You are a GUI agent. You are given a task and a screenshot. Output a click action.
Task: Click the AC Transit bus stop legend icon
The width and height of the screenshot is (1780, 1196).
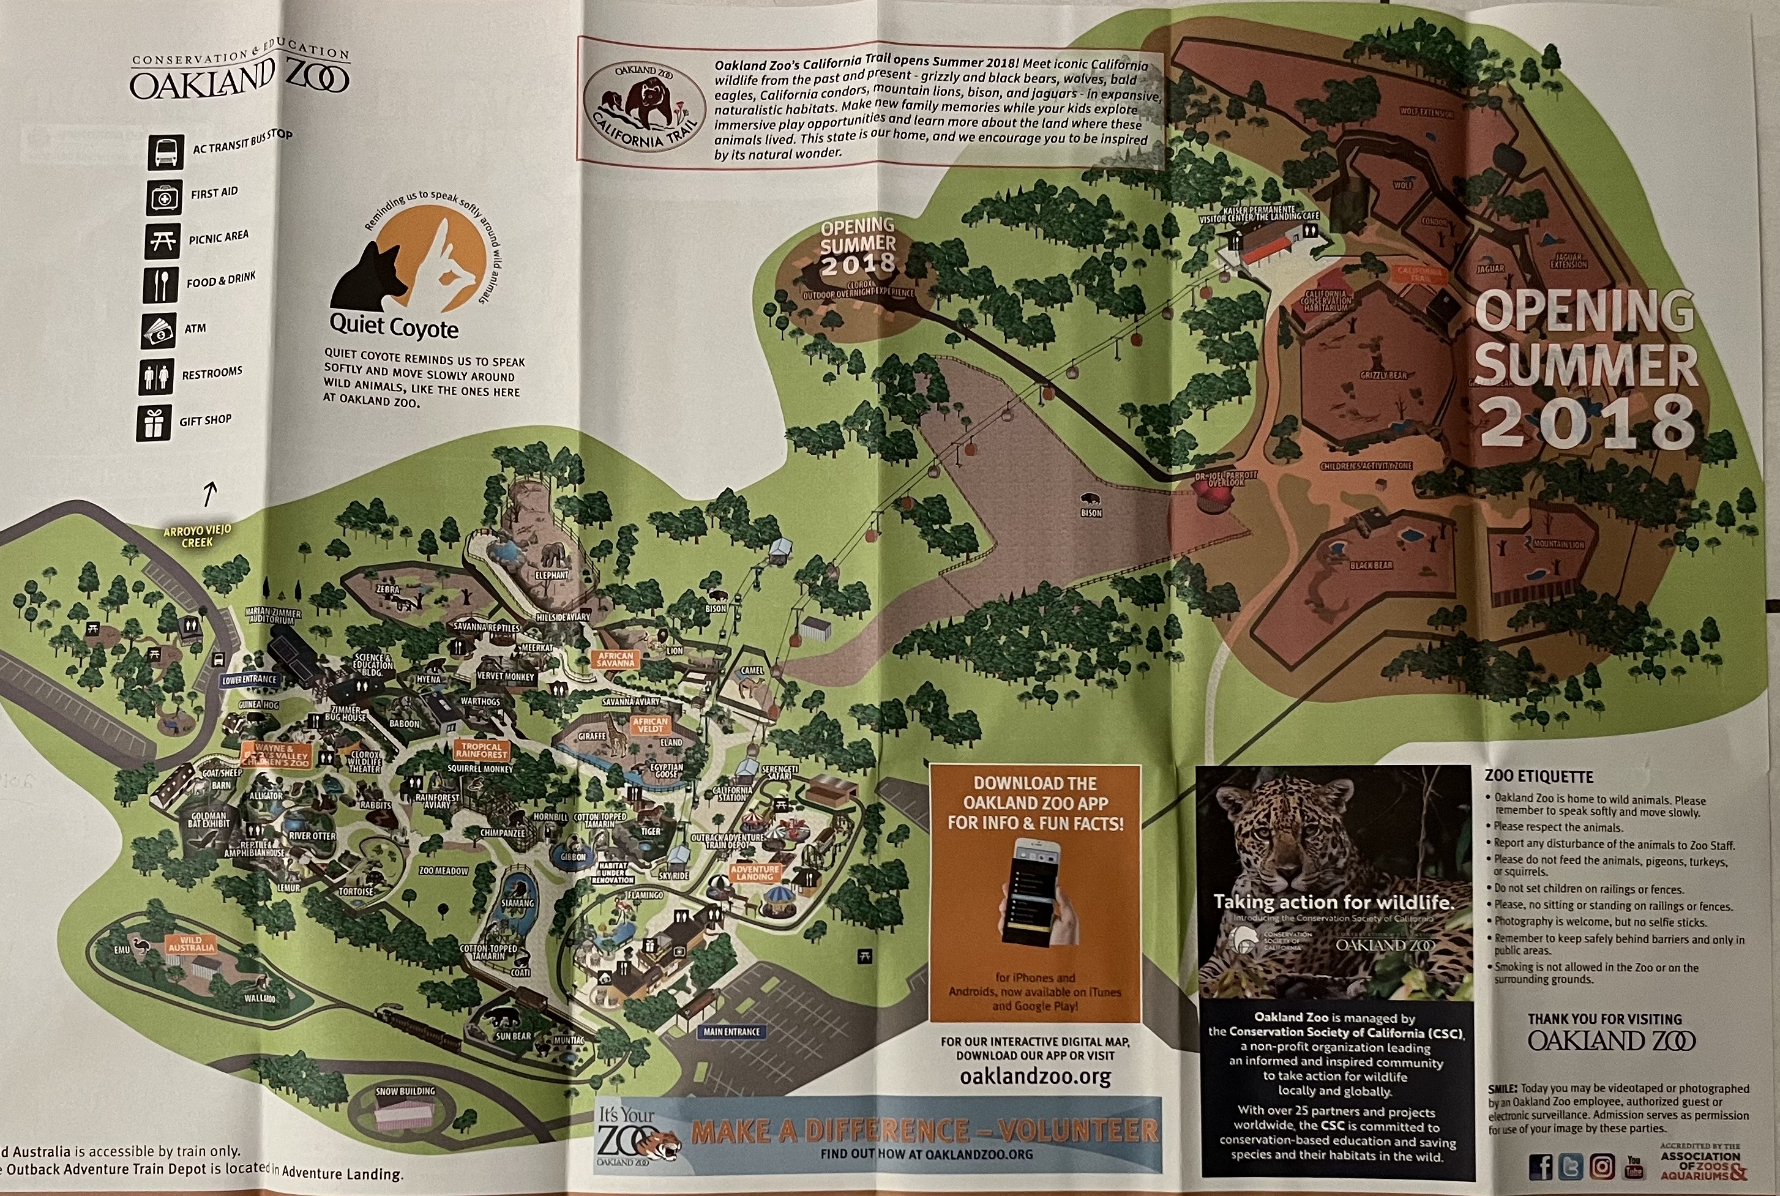pos(165,152)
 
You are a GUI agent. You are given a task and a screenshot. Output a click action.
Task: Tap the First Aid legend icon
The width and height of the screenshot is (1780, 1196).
pos(164,198)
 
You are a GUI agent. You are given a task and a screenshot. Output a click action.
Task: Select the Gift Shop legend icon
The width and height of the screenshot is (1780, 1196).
pos(155,424)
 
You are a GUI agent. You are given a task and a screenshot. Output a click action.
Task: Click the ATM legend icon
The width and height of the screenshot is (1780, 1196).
pos(159,331)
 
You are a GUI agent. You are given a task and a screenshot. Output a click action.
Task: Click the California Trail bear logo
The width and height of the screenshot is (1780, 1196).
pos(644,105)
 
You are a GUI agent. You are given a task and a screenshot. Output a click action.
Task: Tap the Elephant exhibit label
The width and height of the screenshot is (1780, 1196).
pos(552,575)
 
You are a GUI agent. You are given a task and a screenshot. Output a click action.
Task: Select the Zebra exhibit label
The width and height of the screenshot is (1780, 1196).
pos(387,589)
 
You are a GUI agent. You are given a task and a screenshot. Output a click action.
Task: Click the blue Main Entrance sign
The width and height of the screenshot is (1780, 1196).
pos(731,1031)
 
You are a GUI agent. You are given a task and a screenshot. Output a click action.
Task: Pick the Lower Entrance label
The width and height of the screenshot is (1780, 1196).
pos(249,679)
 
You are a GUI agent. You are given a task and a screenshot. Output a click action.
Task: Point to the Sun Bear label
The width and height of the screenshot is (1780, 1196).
pos(514,1036)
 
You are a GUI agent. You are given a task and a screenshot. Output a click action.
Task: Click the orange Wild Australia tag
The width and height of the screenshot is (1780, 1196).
pos(190,944)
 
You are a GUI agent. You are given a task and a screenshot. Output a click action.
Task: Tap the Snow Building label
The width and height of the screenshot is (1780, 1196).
pos(405,1091)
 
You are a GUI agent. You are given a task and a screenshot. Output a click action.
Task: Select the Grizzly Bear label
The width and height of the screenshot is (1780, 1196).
pos(1383,375)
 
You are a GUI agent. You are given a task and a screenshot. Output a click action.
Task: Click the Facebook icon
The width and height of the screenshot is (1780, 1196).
pos(1541,1167)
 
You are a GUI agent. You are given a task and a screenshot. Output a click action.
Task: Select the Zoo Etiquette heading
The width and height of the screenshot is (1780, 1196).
pos(1538,777)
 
